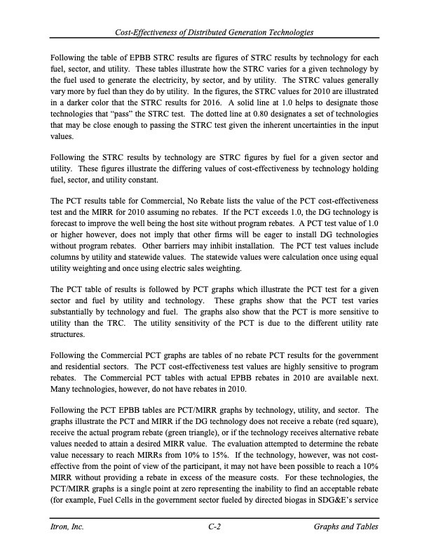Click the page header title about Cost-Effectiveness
[214, 33]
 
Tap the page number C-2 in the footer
[214, 527]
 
